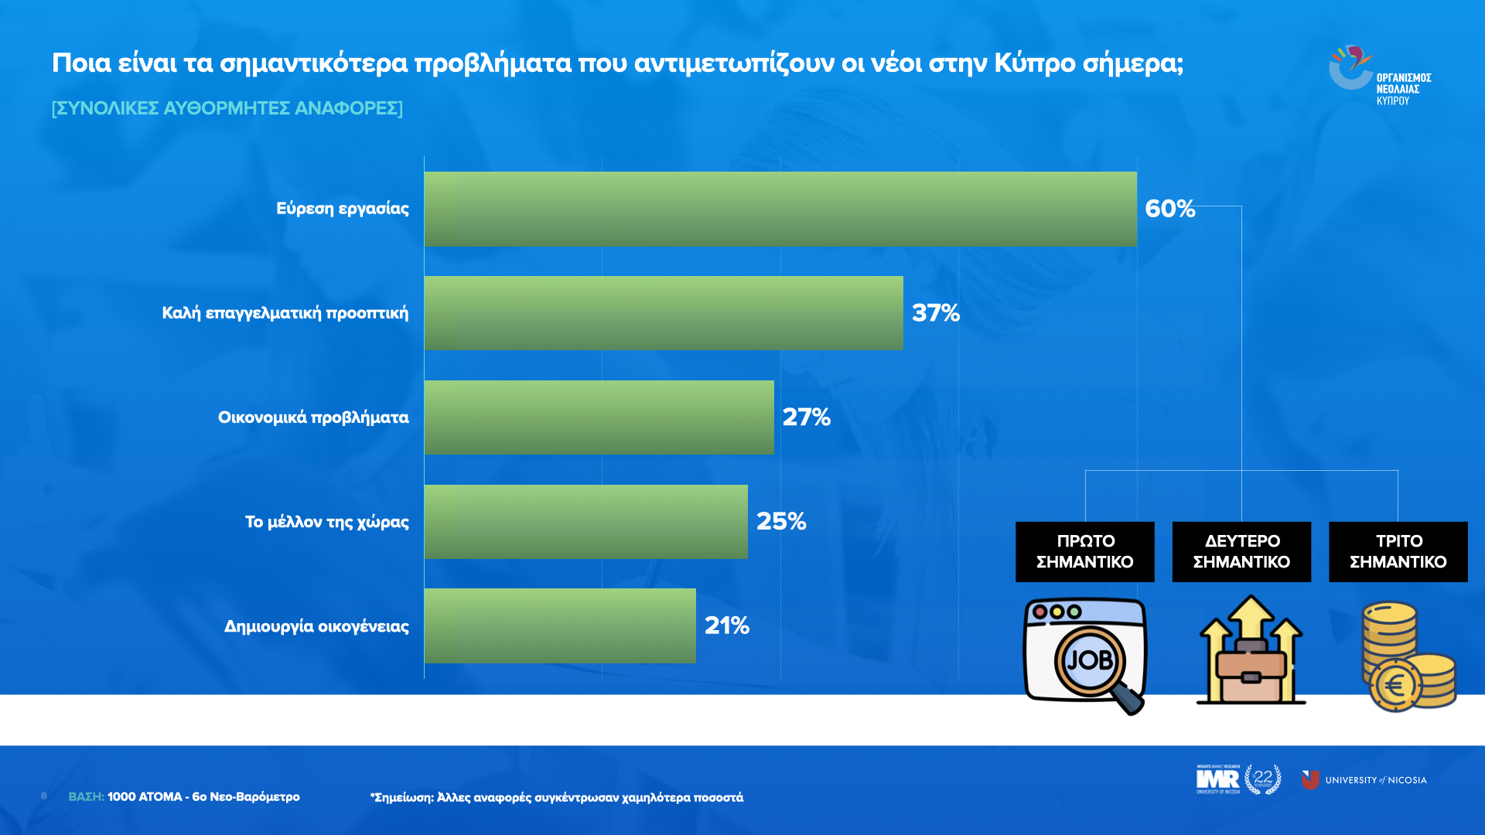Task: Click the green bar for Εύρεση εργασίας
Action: (x=780, y=209)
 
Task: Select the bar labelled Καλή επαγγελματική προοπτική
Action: (x=663, y=313)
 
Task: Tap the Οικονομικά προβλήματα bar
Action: (x=599, y=417)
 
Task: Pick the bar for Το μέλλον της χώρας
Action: (x=585, y=522)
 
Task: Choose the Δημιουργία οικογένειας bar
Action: (x=559, y=626)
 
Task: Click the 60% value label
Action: (x=1169, y=209)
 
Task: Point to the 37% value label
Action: (x=935, y=313)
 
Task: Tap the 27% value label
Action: (x=806, y=417)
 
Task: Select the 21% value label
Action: (x=726, y=625)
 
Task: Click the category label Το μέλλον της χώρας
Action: (x=326, y=522)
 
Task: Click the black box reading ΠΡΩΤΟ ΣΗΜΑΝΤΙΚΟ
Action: (x=1084, y=551)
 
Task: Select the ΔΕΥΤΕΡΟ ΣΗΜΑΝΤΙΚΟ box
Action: (x=1241, y=551)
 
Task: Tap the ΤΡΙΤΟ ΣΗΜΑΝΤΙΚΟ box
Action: (x=1398, y=551)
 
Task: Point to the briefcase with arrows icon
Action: (x=1251, y=651)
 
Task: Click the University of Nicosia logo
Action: (x=1364, y=780)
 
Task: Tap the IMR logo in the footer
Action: (x=1218, y=779)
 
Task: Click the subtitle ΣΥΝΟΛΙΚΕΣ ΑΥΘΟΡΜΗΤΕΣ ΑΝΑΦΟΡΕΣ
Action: (x=227, y=108)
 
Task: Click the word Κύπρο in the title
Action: (x=1034, y=63)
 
